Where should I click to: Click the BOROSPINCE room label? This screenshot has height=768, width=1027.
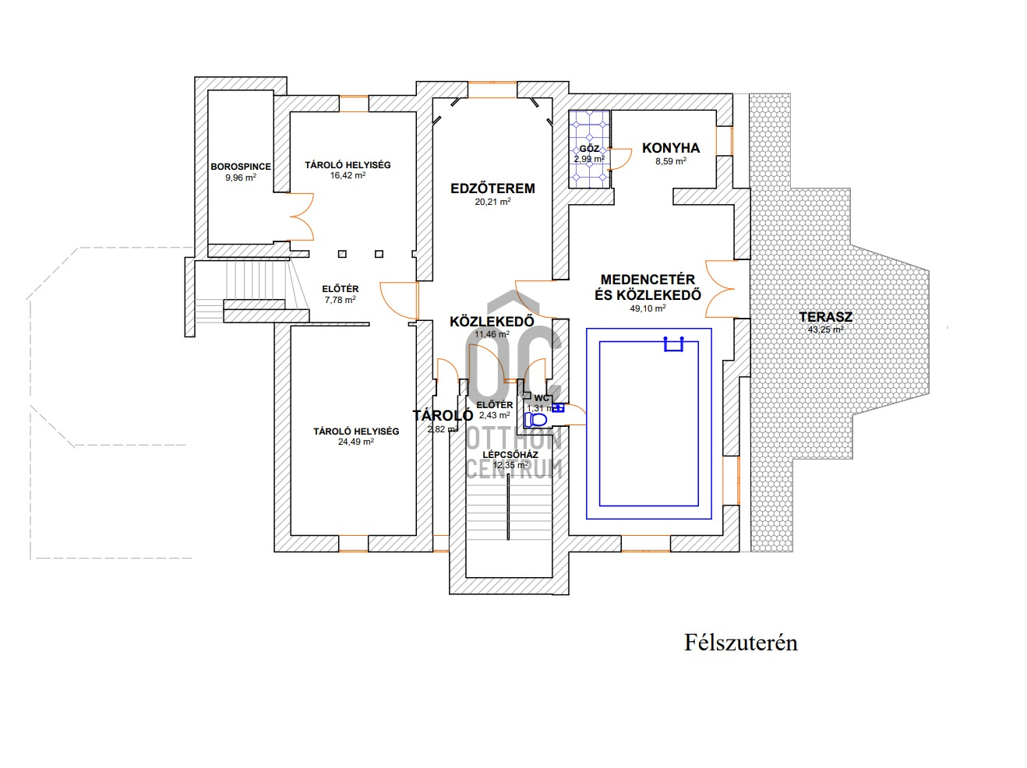[241, 167]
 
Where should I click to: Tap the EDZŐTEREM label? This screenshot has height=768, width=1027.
[492, 188]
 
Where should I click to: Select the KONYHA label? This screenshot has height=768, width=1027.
[670, 148]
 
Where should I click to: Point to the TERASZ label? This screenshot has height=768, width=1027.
[825, 317]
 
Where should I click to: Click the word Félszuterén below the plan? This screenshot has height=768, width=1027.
[740, 643]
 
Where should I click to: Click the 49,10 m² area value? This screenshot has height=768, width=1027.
[648, 308]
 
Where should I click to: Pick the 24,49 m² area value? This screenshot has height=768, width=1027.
[355, 442]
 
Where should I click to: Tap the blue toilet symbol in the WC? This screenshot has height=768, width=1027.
[535, 420]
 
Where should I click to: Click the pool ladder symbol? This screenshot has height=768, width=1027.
[673, 343]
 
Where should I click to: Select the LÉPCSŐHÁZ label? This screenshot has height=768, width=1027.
[510, 455]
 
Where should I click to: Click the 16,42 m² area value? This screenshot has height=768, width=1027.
[348, 176]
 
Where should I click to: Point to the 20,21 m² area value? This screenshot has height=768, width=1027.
[492, 202]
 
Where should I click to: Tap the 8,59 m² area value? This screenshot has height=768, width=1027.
[670, 161]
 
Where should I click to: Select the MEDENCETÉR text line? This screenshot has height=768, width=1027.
[648, 280]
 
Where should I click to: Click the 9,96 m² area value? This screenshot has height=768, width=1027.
[240, 178]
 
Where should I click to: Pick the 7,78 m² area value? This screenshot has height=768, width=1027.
[340, 300]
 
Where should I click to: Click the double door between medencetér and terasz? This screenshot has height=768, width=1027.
[721, 288]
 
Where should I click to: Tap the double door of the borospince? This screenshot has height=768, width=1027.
[300, 217]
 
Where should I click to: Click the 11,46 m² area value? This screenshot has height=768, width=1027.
[492, 334]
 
